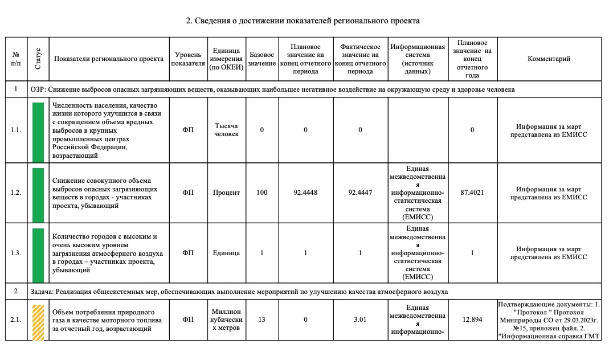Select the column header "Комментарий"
[549, 59]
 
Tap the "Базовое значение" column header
[262, 59]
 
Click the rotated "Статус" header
[38, 59]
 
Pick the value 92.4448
[305, 193]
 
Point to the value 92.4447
[360, 193]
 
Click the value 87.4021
[472, 193]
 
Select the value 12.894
[473, 320]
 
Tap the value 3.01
[359, 320]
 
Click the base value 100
[262, 193]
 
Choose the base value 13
[262, 320]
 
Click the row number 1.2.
[16, 193]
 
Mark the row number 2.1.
[16, 320]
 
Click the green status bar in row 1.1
[38, 131]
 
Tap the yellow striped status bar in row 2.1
[38, 322]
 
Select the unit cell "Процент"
[227, 193]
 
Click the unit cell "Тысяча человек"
[227, 130]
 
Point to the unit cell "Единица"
[227, 253]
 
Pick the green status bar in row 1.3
[38, 253]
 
